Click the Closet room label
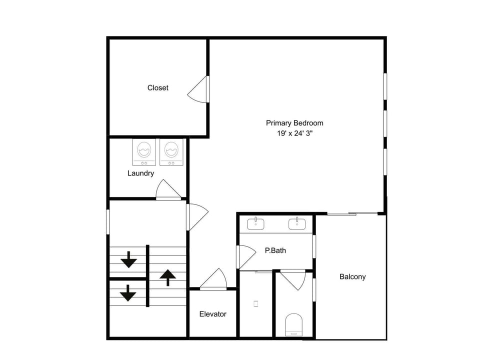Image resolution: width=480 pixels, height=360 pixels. (x=157, y=88)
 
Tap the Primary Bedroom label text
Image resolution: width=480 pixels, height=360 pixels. (x=294, y=123)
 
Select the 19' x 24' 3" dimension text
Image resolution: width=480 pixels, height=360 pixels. (x=294, y=133)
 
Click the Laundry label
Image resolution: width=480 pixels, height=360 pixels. (x=140, y=173)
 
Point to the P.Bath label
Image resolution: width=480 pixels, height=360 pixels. (x=275, y=250)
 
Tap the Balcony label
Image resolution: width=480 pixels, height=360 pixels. (x=352, y=276)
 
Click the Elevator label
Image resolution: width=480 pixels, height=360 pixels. (x=213, y=314)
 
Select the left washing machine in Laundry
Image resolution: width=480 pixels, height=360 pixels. (x=144, y=152)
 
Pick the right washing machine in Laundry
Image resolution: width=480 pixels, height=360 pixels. (x=171, y=152)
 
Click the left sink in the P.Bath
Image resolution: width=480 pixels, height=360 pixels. (x=255, y=223)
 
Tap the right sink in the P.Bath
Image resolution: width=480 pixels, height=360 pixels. (x=297, y=223)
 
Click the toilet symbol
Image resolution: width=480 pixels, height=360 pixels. (x=294, y=324)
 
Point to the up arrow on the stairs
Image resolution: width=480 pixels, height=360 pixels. (x=168, y=277)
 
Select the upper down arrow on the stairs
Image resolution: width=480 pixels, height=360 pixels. (x=128, y=259)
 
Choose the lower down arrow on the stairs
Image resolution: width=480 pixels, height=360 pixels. (x=128, y=293)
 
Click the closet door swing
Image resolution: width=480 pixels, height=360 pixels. (x=198, y=89)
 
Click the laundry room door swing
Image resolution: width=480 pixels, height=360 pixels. (x=168, y=189)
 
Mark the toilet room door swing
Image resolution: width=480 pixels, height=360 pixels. (x=293, y=279)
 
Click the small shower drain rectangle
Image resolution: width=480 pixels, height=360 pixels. (x=256, y=303)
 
